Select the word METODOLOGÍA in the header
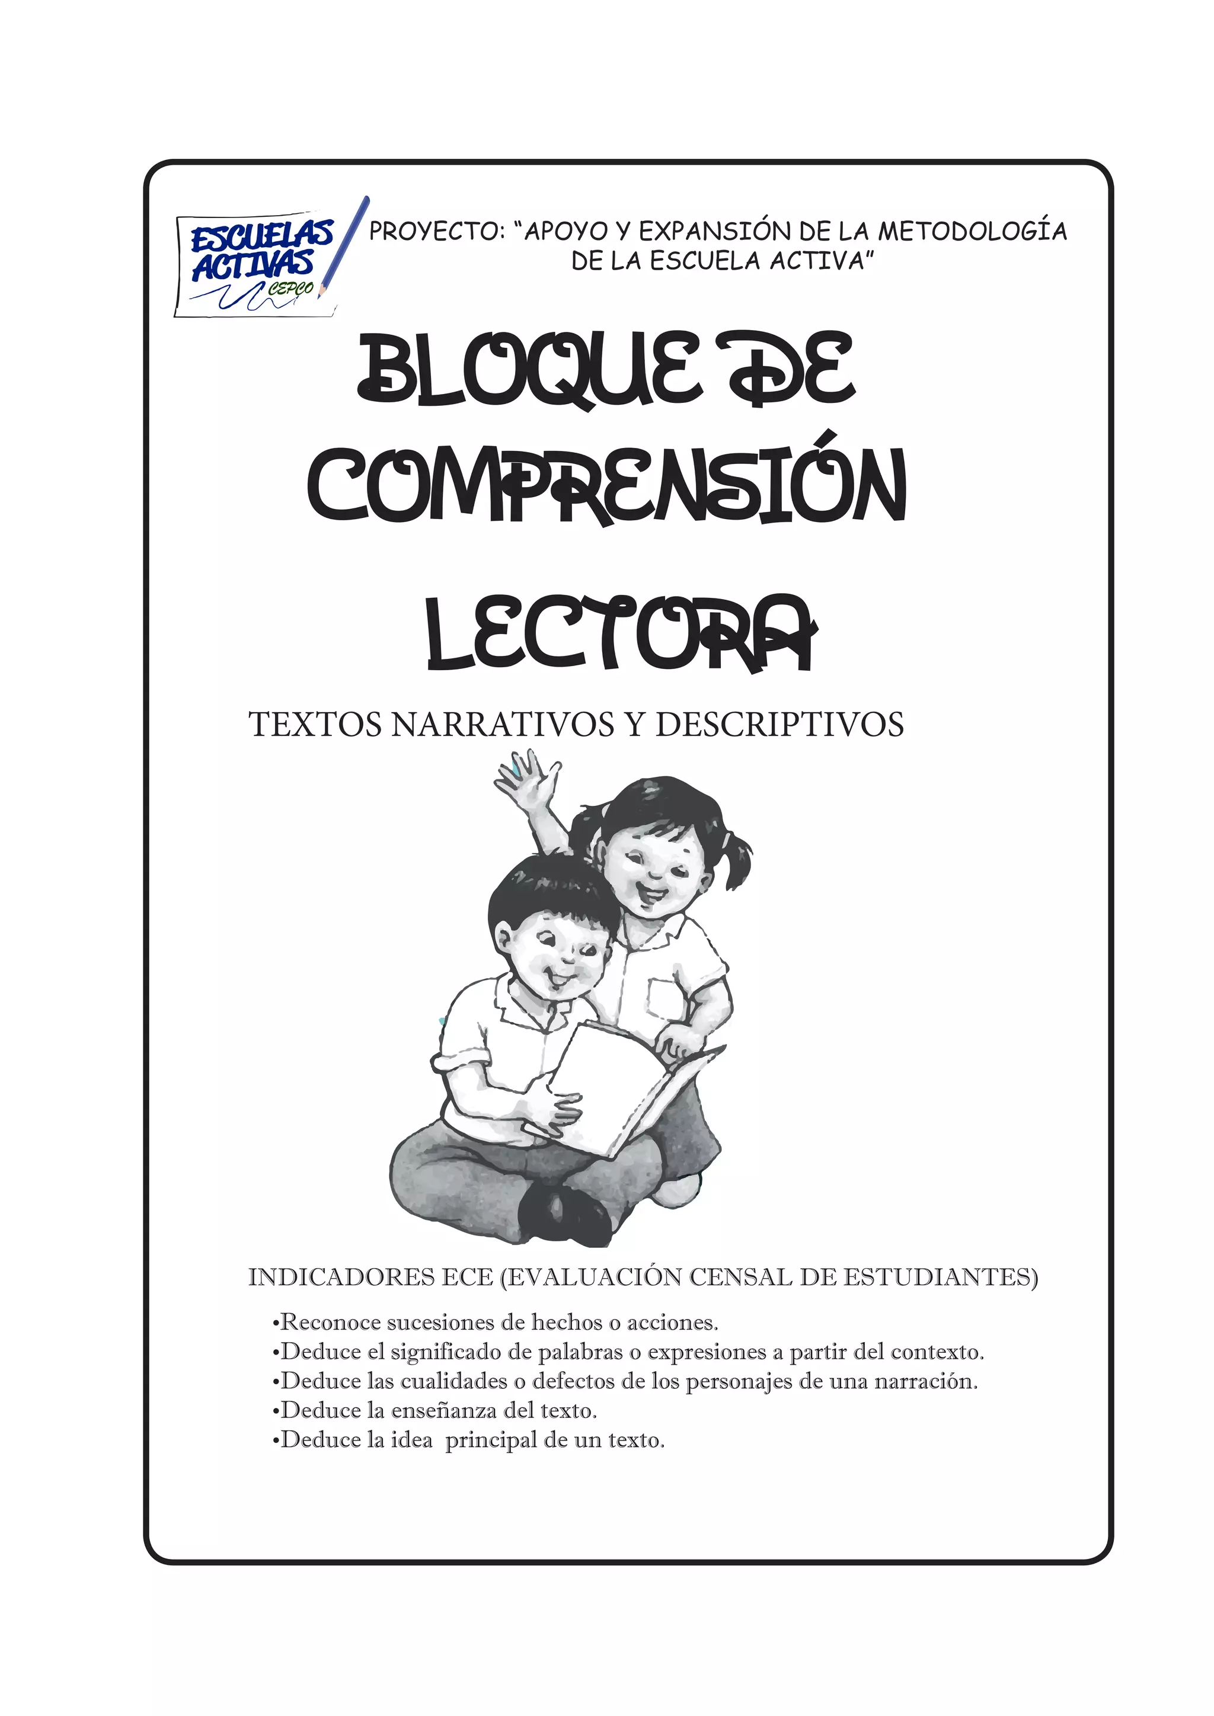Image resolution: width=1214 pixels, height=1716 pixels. pos(972,232)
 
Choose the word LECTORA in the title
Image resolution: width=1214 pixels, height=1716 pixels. pos(621,634)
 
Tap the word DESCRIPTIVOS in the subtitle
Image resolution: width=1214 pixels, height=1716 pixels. pos(779,725)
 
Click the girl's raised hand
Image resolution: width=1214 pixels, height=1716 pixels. pos(528,779)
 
